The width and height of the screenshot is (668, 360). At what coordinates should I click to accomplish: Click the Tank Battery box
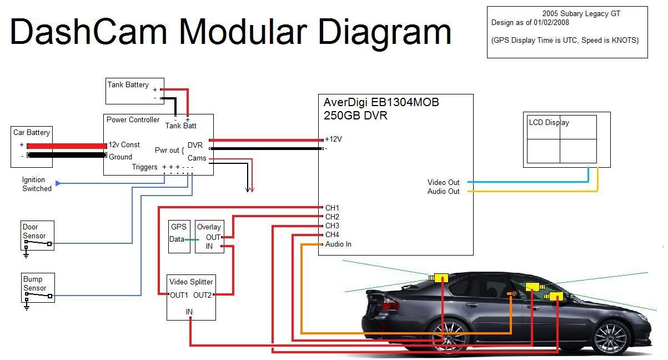pyautogui.click(x=134, y=91)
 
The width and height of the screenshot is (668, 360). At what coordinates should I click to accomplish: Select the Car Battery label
pyautogui.click(x=32, y=133)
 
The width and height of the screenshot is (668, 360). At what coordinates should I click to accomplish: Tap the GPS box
pyautogui.click(x=179, y=237)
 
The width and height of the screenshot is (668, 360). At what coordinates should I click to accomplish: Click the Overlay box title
pyautogui.click(x=209, y=227)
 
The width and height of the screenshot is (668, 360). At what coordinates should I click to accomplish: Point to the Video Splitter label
pyautogui.click(x=191, y=282)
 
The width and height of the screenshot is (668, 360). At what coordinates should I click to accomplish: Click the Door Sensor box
pyautogui.click(x=38, y=236)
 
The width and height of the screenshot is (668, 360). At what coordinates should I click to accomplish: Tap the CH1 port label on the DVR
pyautogui.click(x=332, y=208)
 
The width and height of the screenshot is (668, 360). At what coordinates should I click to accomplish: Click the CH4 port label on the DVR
pyautogui.click(x=332, y=235)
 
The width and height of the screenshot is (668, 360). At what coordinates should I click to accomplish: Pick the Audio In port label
pyautogui.click(x=338, y=244)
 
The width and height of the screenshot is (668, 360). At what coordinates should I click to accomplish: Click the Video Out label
pyautogui.click(x=443, y=182)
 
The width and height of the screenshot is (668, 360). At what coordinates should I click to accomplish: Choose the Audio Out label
pyautogui.click(x=443, y=192)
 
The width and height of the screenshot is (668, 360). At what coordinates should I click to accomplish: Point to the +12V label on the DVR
pyautogui.click(x=333, y=139)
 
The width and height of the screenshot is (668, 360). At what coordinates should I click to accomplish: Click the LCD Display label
pyautogui.click(x=549, y=123)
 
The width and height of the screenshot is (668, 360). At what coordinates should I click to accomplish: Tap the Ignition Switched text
pyautogui.click(x=37, y=184)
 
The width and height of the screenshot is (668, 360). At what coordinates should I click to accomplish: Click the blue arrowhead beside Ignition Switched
pyautogui.click(x=59, y=183)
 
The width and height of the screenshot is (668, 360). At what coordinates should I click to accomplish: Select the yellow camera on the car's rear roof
pyautogui.click(x=440, y=277)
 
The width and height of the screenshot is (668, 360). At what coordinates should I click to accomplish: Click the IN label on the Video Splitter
pyautogui.click(x=189, y=312)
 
